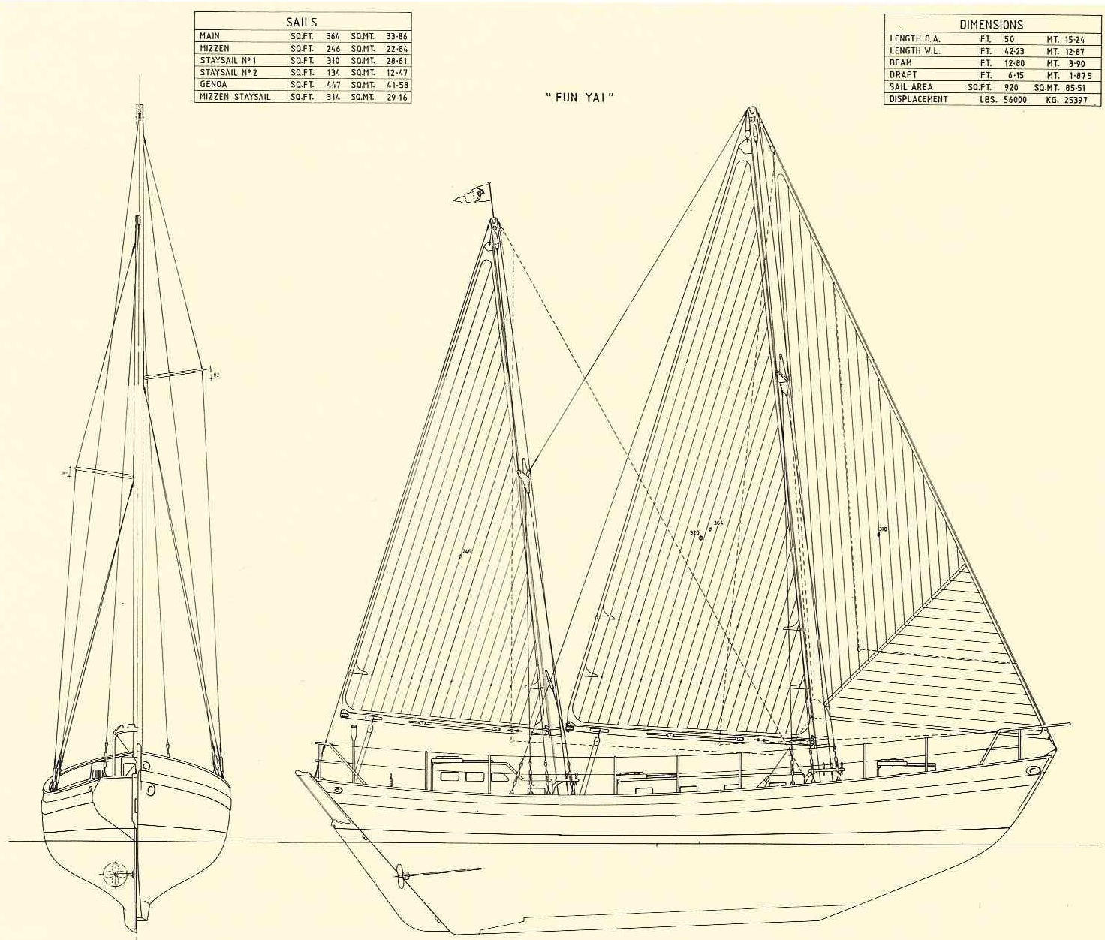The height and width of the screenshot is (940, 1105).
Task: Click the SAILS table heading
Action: [302, 22]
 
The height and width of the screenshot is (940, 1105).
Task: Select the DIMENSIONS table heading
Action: [991, 25]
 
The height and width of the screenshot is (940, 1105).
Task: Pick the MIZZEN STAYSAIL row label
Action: [235, 97]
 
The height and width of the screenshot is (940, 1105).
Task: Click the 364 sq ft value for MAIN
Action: [333, 36]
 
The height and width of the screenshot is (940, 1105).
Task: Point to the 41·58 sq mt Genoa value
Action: [396, 85]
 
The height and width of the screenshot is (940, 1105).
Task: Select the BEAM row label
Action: [901, 63]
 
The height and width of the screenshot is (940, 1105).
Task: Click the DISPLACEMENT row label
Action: [918, 99]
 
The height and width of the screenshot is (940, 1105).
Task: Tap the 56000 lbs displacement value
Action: [1015, 99]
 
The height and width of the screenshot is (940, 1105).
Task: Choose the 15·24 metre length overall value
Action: [1074, 38]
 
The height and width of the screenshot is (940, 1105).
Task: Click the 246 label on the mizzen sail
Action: [466, 552]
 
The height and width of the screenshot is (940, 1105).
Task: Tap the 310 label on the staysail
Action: [883, 529]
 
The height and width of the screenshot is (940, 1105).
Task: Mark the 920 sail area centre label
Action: [694, 533]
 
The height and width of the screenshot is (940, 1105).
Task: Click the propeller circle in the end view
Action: [115, 872]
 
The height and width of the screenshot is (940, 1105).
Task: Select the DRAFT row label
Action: [902, 75]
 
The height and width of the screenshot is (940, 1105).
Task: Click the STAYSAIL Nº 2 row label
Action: [228, 73]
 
